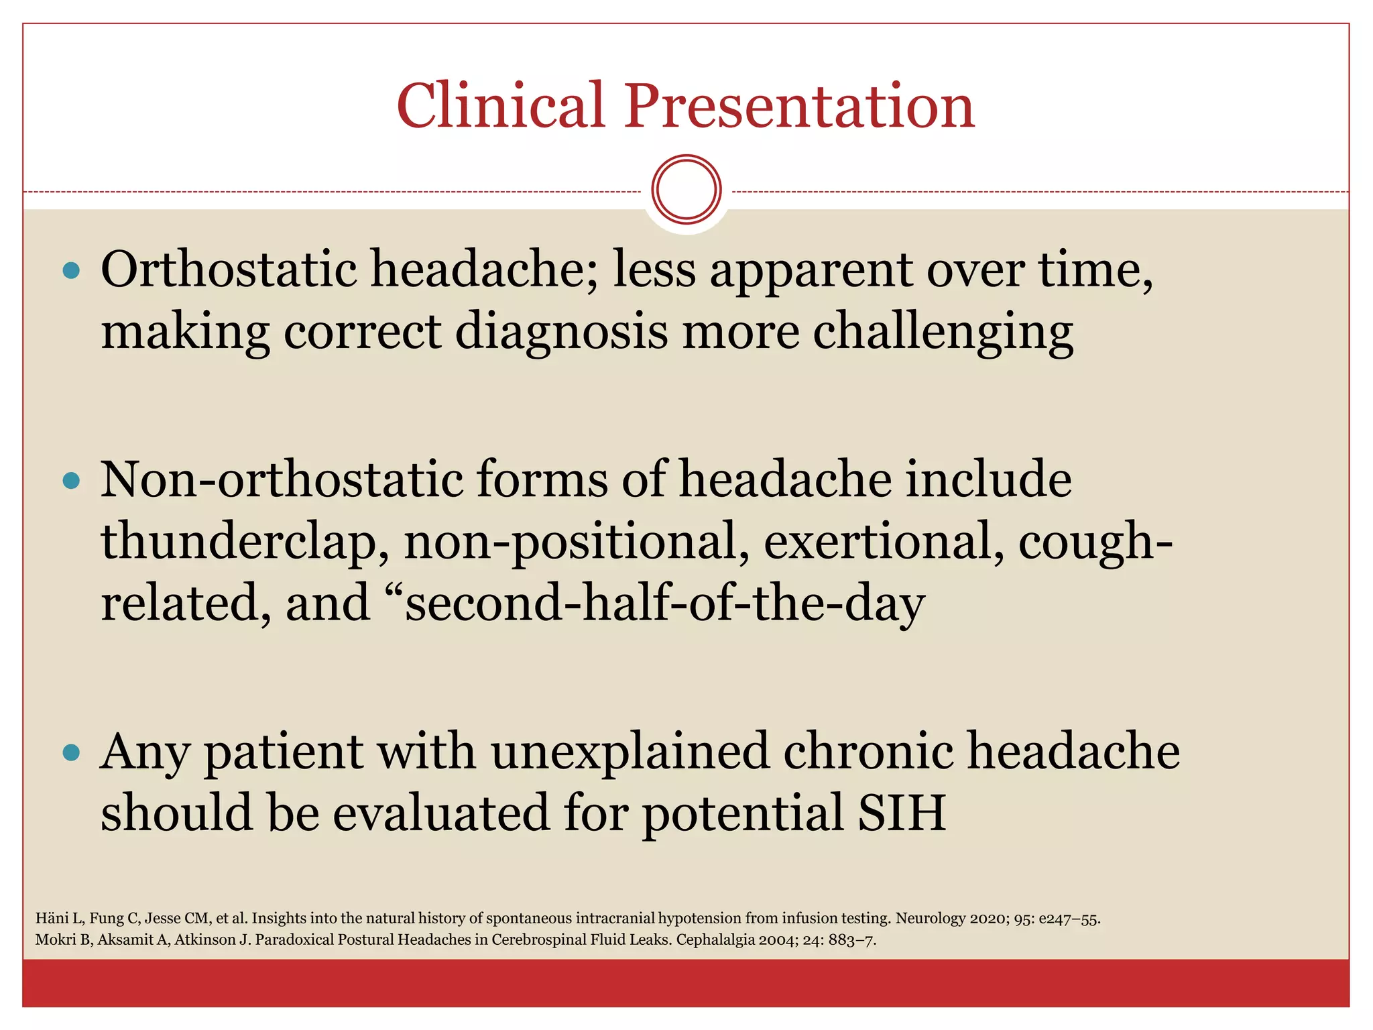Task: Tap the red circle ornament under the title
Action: [686, 190]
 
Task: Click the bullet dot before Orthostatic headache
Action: [70, 271]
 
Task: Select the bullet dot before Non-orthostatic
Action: [70, 481]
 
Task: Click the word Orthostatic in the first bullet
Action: [229, 270]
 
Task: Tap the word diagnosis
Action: [561, 332]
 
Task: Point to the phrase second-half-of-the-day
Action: [664, 603]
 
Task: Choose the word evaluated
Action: [440, 813]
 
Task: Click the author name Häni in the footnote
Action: [51, 918]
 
